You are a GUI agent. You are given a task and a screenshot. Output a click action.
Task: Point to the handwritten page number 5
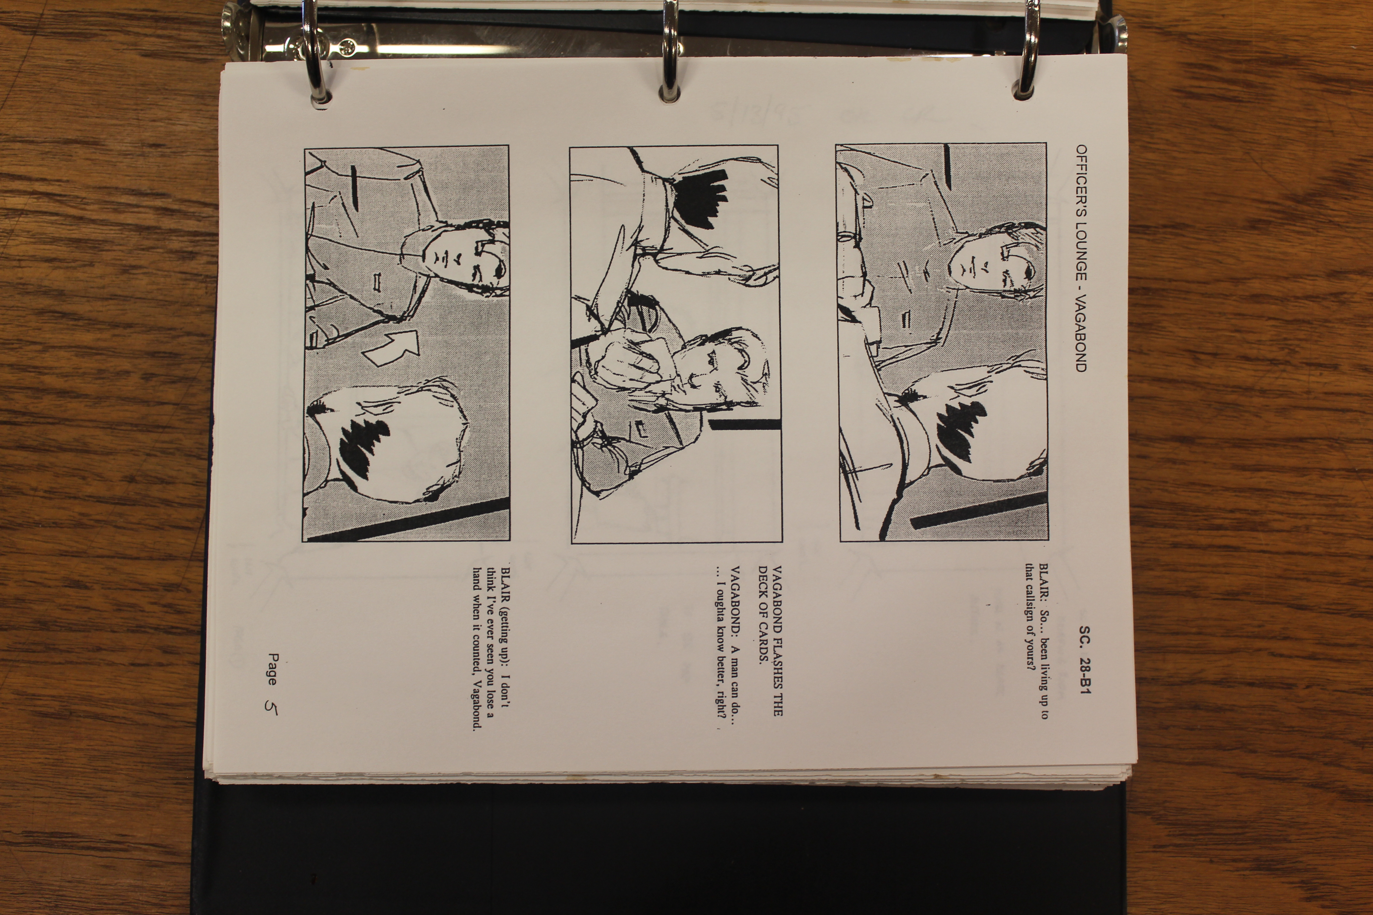(x=271, y=706)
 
